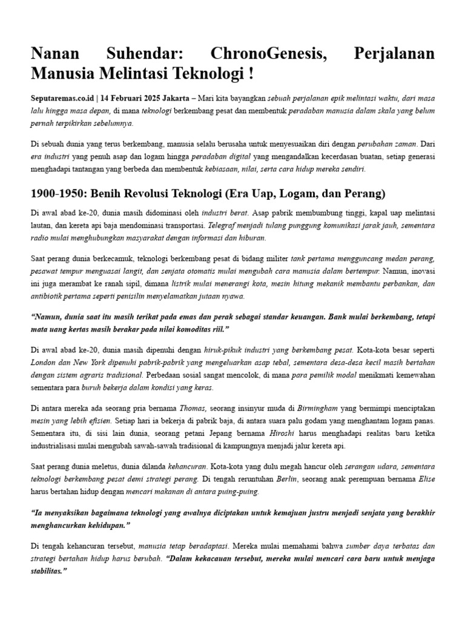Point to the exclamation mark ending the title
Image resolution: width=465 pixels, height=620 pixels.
coord(250,74)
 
